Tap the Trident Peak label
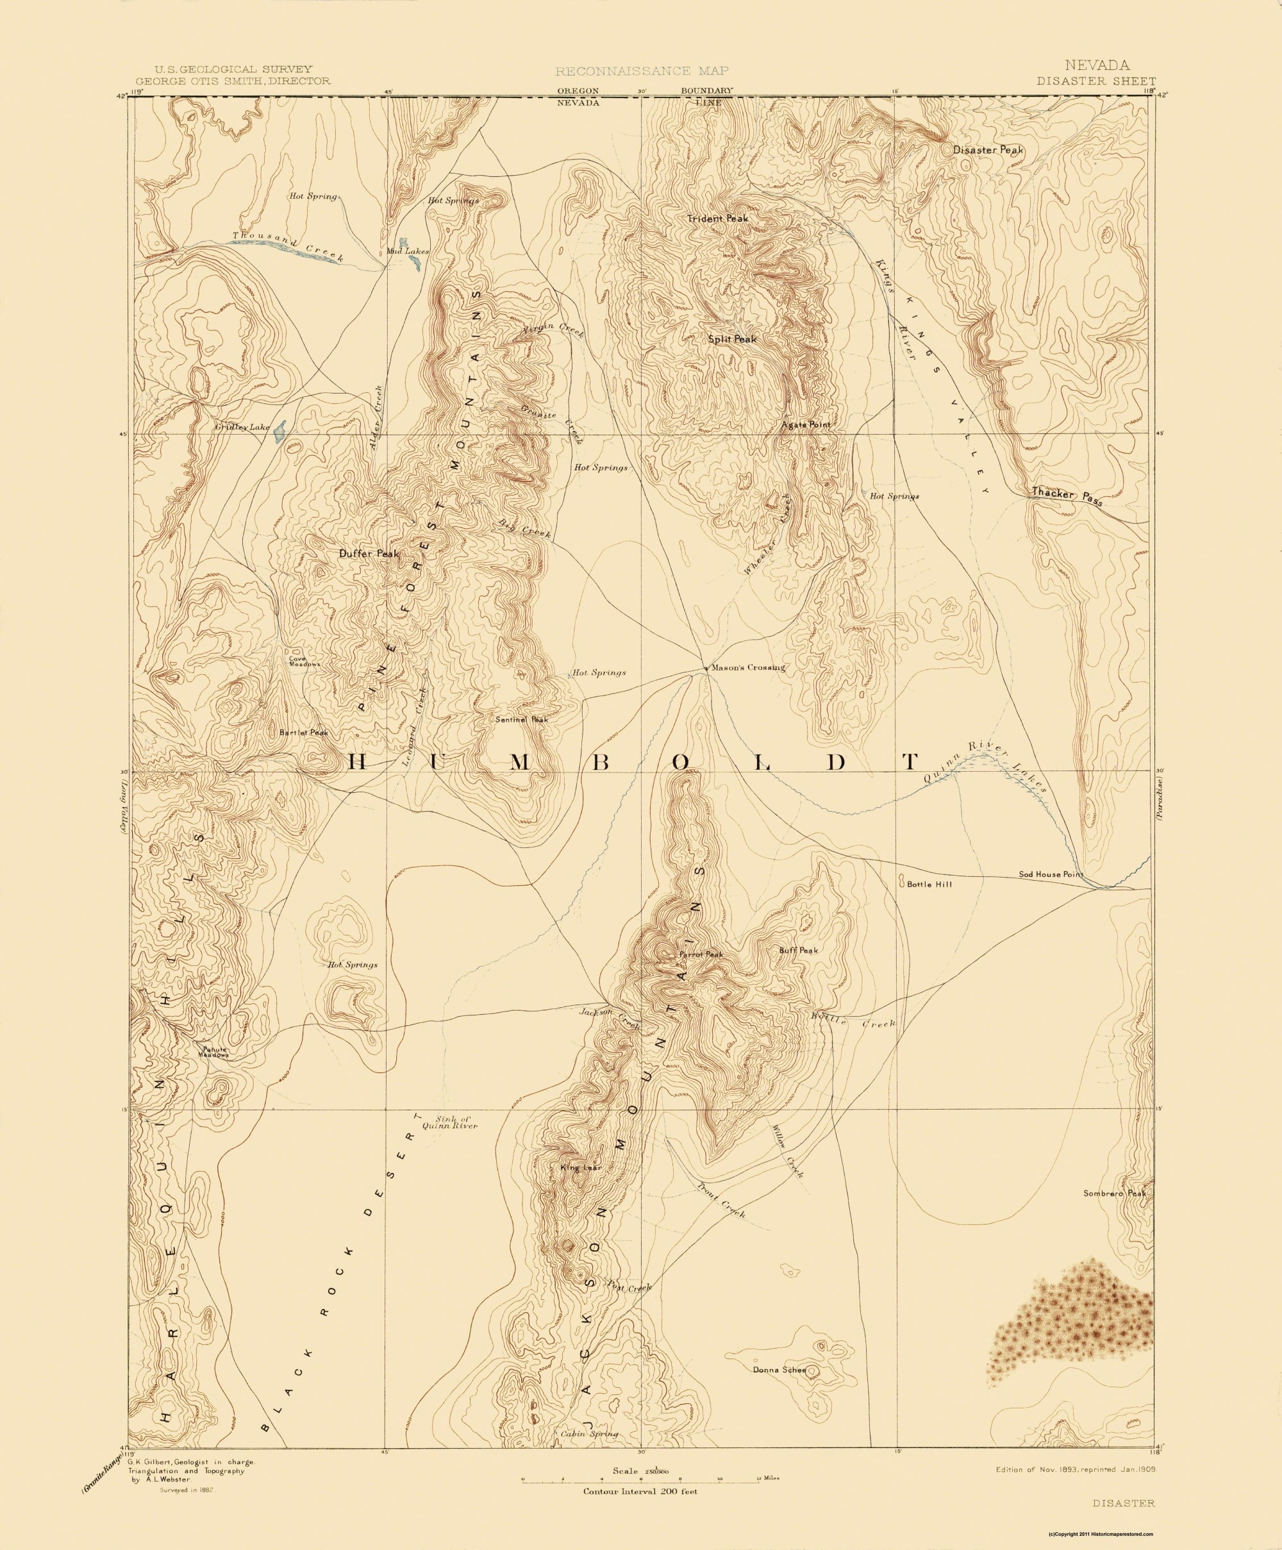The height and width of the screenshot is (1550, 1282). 717,219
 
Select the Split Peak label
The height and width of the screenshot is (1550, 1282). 732,339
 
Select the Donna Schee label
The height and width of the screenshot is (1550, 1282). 779,1371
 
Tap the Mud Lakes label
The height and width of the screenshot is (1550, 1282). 408,251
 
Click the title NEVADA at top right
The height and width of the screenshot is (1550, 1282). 1097,65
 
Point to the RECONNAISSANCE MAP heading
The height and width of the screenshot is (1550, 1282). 642,71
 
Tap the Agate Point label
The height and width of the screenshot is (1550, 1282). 806,424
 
